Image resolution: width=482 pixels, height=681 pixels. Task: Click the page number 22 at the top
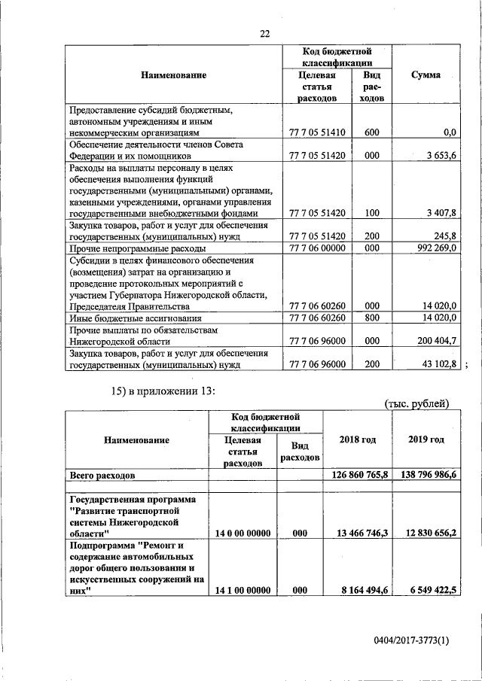coord(264,33)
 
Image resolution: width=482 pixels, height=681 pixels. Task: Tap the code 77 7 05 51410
coord(316,132)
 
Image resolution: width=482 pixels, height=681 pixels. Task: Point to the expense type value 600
coord(371,132)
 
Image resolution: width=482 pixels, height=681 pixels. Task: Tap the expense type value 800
coord(371,318)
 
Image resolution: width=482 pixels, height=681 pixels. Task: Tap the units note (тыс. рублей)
coord(416,403)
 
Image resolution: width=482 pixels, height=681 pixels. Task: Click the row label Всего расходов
coord(102,476)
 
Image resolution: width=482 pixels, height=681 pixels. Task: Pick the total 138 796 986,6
coord(423,476)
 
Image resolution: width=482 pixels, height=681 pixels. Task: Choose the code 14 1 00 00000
coord(243,591)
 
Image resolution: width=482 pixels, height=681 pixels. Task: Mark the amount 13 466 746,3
coord(358,533)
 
